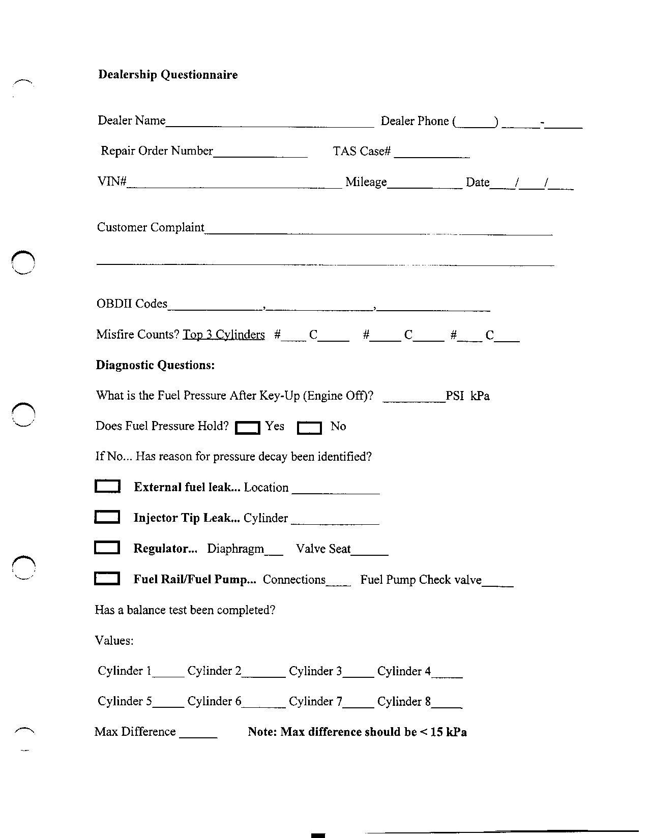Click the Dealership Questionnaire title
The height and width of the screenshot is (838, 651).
pyautogui.click(x=168, y=75)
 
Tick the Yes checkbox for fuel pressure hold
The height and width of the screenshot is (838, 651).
pyautogui.click(x=248, y=428)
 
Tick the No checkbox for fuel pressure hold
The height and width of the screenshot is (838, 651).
pyautogui.click(x=309, y=428)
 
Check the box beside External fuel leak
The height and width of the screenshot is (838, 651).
pyautogui.click(x=107, y=487)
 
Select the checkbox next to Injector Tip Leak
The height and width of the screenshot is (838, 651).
pyautogui.click(x=107, y=517)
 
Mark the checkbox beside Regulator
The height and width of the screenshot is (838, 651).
pyautogui.click(x=107, y=548)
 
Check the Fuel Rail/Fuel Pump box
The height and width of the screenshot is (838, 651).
pyautogui.click(x=107, y=579)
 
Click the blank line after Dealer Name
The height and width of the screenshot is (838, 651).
pyautogui.click(x=270, y=122)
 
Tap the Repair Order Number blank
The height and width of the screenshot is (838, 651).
pyautogui.click(x=260, y=153)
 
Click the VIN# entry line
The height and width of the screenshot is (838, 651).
pyautogui.click(x=234, y=184)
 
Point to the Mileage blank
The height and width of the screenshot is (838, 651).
pyautogui.click(x=425, y=184)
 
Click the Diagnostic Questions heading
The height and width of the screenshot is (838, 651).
pyautogui.click(x=155, y=365)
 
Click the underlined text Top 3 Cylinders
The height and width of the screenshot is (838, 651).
pyautogui.click(x=224, y=335)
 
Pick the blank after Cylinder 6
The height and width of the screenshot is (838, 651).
pyautogui.click(x=263, y=702)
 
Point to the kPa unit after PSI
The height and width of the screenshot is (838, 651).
pyautogui.click(x=480, y=396)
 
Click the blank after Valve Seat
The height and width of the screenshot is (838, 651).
pyautogui.click(x=370, y=550)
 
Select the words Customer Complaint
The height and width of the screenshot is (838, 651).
pyautogui.click(x=151, y=227)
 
